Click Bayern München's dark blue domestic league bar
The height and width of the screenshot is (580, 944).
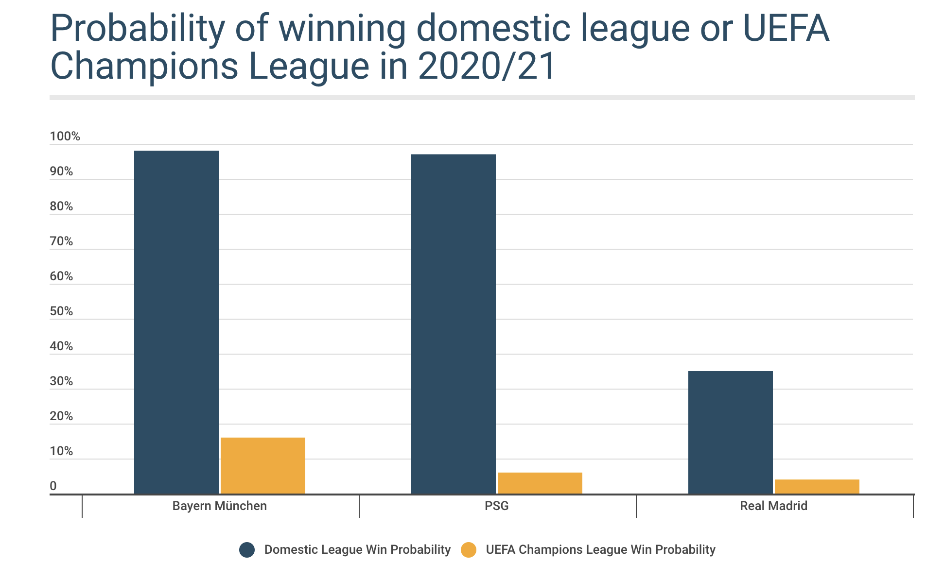coord(176,322)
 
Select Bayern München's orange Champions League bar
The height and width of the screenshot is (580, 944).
coord(263,465)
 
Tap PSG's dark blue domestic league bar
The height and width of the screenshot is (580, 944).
coord(454,324)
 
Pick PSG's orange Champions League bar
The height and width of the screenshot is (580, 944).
coord(540,483)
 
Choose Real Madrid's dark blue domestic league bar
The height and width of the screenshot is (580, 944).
coord(731,432)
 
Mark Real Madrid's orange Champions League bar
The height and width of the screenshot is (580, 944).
coord(817,486)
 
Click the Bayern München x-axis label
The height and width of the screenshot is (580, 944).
coord(220,506)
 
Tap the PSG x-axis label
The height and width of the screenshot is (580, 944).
coord(497,506)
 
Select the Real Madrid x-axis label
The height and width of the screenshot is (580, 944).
coord(773,506)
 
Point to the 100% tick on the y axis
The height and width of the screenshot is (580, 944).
coord(65,136)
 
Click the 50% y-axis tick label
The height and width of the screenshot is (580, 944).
coord(61,311)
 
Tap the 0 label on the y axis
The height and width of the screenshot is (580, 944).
coord(53,486)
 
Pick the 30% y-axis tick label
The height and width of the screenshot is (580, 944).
coord(61,381)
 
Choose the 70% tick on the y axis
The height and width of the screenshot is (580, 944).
coord(61,241)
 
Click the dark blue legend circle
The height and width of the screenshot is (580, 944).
coord(247,550)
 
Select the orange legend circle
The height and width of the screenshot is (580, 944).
coord(469,550)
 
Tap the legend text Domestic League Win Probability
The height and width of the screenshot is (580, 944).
coord(357,550)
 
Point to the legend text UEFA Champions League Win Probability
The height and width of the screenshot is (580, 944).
coord(600,550)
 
